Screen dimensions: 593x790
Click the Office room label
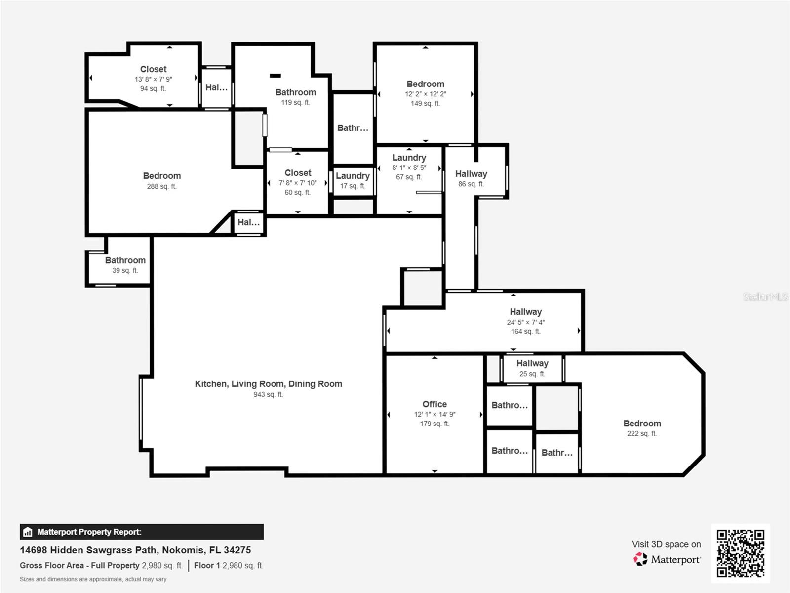(x=434, y=404)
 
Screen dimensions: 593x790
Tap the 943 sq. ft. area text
(x=268, y=394)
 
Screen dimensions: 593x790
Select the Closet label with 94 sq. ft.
(x=153, y=69)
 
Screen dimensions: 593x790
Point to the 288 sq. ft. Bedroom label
(x=162, y=176)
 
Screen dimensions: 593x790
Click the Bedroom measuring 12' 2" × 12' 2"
(x=425, y=84)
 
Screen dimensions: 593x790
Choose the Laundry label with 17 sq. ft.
(x=353, y=176)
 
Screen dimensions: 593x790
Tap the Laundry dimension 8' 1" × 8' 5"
(x=409, y=168)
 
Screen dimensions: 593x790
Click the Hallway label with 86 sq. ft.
(x=471, y=174)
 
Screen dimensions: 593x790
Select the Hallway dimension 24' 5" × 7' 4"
(x=525, y=322)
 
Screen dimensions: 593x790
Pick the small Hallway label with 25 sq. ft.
(x=532, y=363)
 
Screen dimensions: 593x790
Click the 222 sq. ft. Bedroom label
(x=642, y=424)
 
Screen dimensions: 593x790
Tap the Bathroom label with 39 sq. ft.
(x=125, y=260)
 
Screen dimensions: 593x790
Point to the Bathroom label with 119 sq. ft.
(x=295, y=92)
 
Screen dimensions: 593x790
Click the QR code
(x=740, y=553)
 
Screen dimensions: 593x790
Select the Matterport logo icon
(x=640, y=559)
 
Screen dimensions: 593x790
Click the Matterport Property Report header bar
(x=141, y=532)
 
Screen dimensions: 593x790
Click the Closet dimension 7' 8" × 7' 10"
(x=298, y=183)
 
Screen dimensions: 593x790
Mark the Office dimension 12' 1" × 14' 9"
(x=434, y=414)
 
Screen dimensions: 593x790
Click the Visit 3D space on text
(x=666, y=544)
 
